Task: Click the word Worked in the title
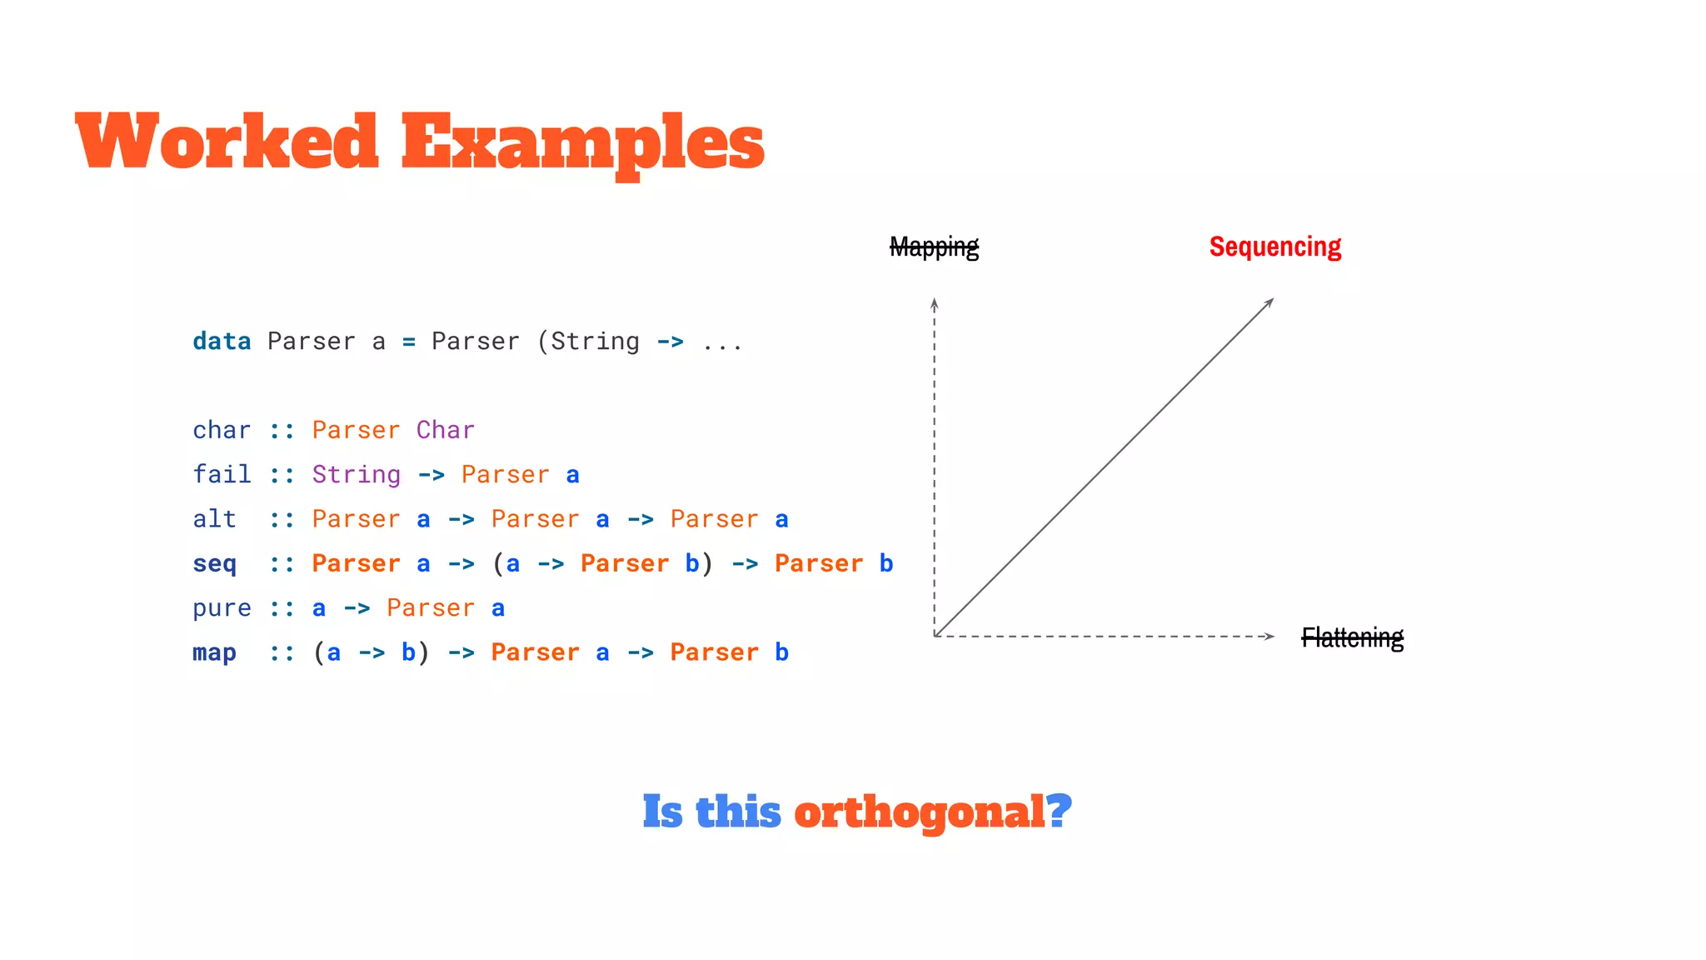[227, 142]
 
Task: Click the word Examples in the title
[582, 143]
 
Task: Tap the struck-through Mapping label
[934, 247]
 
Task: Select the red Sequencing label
[1275, 247]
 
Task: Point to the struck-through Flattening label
[1352, 637]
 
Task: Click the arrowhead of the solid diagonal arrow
[1270, 302]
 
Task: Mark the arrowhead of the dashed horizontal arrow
[1270, 637]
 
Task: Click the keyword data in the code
[222, 342]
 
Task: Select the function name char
[222, 430]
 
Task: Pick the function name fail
[222, 474]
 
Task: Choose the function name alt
[214, 519]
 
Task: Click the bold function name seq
[214, 564]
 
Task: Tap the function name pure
[222, 608]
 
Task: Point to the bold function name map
[214, 652]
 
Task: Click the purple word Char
[445, 430]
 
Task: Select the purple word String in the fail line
[356, 474]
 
